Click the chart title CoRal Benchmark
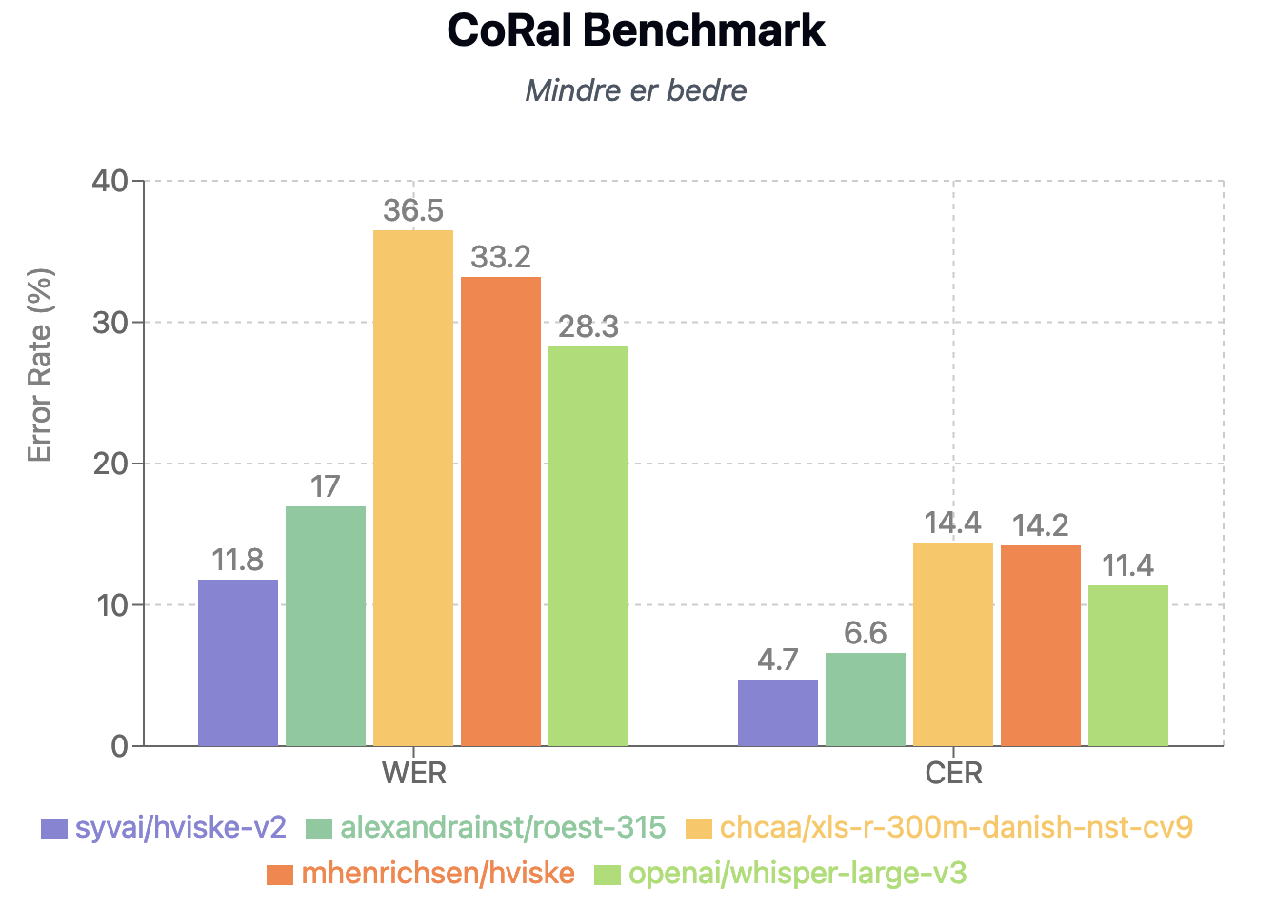[x=635, y=30]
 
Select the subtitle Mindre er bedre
[x=635, y=90]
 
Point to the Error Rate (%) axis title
[x=39, y=366]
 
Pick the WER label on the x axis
[x=413, y=773]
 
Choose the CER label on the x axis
[x=953, y=773]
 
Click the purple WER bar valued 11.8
[x=238, y=662]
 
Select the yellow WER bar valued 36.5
[x=413, y=487]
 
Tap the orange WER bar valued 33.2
[x=501, y=511]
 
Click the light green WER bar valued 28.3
[x=588, y=545]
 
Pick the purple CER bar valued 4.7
[x=778, y=712]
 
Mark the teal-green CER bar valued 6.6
[x=866, y=699]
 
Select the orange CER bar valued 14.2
[x=1041, y=645]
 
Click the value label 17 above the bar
[x=325, y=487]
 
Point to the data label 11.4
[x=1127, y=566]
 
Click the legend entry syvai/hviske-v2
[x=180, y=828]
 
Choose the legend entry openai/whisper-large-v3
[x=797, y=874]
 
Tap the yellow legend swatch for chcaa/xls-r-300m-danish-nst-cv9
[x=699, y=829]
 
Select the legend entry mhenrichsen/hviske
[x=437, y=874]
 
